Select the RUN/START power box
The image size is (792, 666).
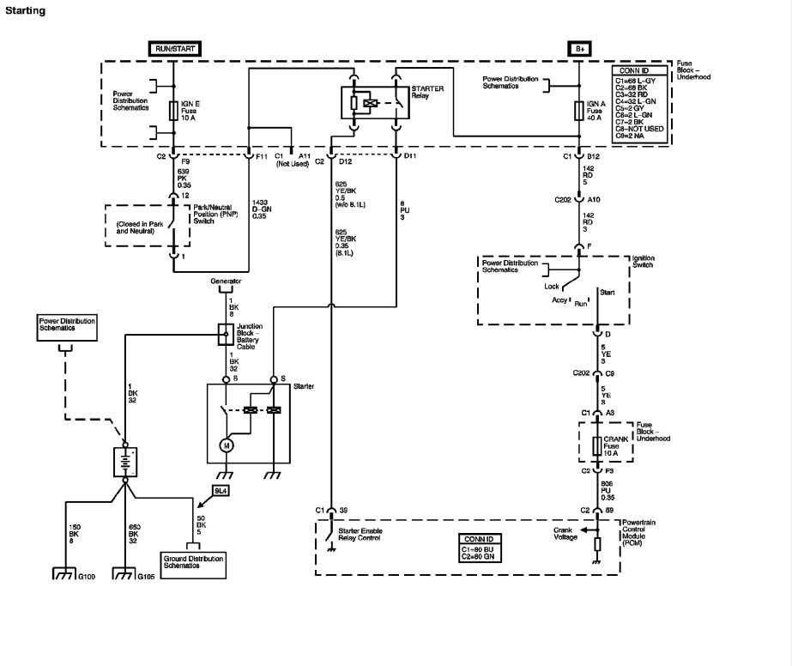[175, 49]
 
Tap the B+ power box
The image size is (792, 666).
[581, 49]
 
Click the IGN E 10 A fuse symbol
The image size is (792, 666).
[174, 110]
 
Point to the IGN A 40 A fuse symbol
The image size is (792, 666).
[581, 110]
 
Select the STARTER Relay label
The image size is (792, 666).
[427, 92]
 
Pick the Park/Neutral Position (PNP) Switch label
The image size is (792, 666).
[217, 214]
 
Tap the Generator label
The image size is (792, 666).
[227, 282]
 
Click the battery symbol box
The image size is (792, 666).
[125, 462]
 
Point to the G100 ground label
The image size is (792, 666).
[86, 576]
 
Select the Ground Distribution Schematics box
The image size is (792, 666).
[193, 562]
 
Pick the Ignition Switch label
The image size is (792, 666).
[644, 261]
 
